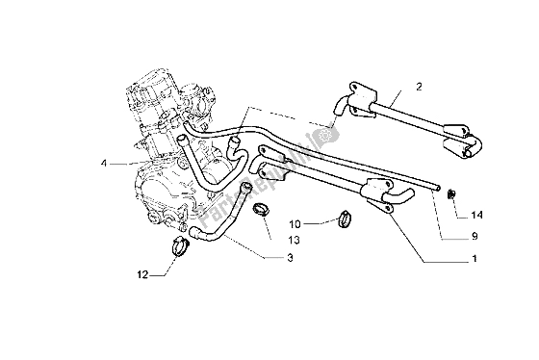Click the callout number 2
click(419, 87)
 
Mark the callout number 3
click(291, 258)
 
